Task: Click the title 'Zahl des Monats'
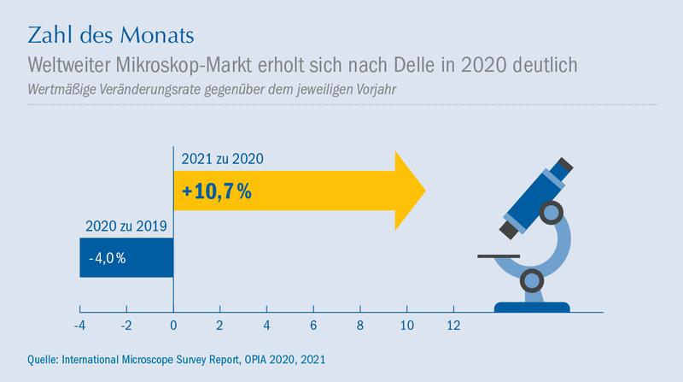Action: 111,35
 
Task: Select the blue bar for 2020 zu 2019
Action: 126,257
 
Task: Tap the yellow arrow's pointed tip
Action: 425,191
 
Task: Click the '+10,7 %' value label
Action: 217,191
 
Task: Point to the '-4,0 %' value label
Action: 108,258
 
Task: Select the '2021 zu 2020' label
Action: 222,159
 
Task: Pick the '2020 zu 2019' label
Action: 126,226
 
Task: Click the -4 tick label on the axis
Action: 79,326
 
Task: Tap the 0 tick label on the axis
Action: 173,326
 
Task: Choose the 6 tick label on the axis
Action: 313,326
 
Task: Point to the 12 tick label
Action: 453,326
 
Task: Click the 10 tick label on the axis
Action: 407,326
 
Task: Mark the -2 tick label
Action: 126,326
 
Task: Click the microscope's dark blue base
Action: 532,307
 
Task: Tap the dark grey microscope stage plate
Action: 499,256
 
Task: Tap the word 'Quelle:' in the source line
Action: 43,360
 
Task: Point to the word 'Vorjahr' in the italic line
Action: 377,90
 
